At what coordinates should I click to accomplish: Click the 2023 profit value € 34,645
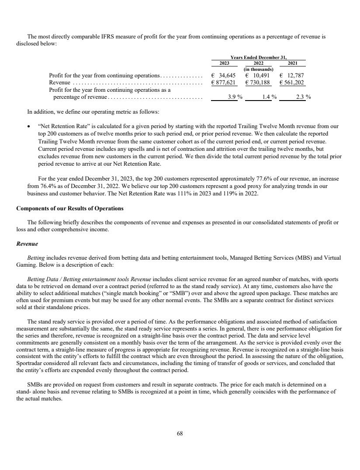pos(224,75)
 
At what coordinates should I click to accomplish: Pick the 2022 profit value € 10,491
pos(258,75)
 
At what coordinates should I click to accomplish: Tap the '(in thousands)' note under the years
pos(258,69)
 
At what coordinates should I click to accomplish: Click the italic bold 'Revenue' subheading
pos(27,239)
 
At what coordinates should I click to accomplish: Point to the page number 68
pos(180,434)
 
